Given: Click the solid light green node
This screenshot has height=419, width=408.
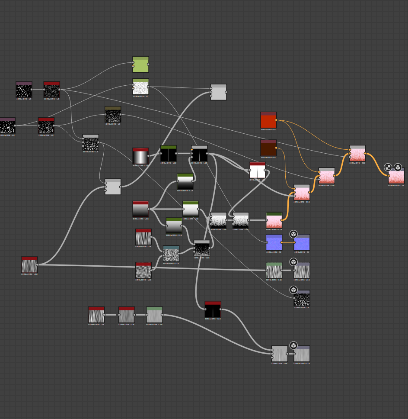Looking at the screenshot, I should click(x=140, y=64).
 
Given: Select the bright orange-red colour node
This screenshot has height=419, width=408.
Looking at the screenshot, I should click(x=268, y=120).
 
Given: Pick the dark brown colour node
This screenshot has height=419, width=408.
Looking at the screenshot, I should click(x=268, y=148).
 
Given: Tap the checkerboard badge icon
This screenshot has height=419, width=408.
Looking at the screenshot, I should click(x=388, y=168).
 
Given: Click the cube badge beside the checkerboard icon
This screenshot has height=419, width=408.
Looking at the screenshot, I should click(x=398, y=168).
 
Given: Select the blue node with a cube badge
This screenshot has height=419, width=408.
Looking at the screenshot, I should click(x=302, y=243).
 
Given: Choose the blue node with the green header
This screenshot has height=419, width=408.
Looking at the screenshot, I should click(x=274, y=243).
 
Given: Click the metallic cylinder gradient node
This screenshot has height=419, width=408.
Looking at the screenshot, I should click(x=140, y=156).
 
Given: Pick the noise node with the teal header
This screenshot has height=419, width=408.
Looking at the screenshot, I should click(x=171, y=254).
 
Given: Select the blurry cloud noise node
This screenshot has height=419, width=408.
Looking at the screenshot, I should click(x=143, y=271).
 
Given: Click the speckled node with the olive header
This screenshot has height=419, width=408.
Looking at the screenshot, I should click(x=113, y=115).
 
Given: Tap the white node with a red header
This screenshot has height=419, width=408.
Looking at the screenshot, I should click(x=257, y=171).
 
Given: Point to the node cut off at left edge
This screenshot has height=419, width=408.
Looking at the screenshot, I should click(x=7, y=126).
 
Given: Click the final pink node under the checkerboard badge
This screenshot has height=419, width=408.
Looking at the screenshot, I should click(x=396, y=177).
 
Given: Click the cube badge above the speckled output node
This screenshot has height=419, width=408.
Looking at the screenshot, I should click(x=293, y=290).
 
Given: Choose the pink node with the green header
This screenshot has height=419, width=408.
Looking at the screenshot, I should click(x=274, y=220).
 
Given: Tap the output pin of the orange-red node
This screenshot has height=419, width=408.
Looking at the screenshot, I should click(x=277, y=120).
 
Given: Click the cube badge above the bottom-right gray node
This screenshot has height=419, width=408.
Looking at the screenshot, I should click(x=293, y=345).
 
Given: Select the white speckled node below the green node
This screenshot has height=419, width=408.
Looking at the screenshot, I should click(x=140, y=87).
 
